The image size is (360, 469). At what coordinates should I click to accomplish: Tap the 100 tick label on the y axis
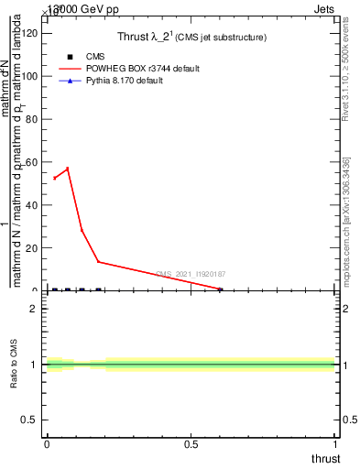(x=29, y=76)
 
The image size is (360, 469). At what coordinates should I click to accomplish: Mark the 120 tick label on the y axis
(x=29, y=33)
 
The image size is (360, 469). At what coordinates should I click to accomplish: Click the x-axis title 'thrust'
(x=325, y=458)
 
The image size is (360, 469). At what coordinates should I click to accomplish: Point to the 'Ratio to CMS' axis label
(x=14, y=365)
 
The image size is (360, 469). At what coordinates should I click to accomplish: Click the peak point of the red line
(x=67, y=169)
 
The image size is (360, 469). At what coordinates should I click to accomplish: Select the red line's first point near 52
(x=54, y=178)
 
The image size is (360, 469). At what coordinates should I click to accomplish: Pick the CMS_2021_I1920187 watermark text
(x=191, y=274)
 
